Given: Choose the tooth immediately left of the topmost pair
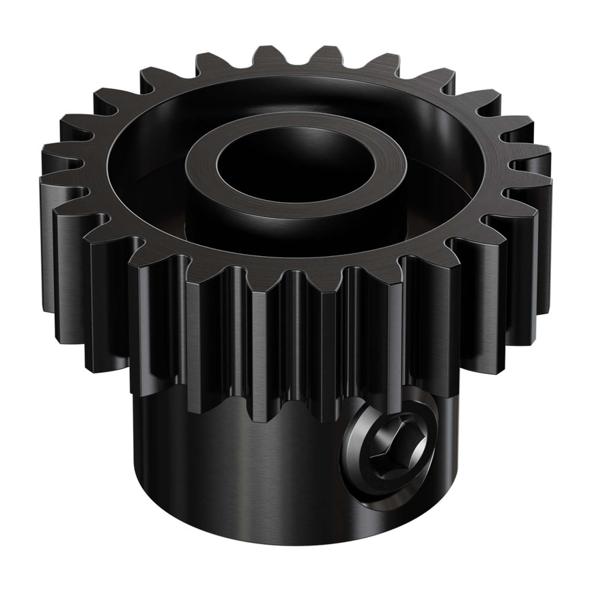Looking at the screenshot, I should tap(212, 65).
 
